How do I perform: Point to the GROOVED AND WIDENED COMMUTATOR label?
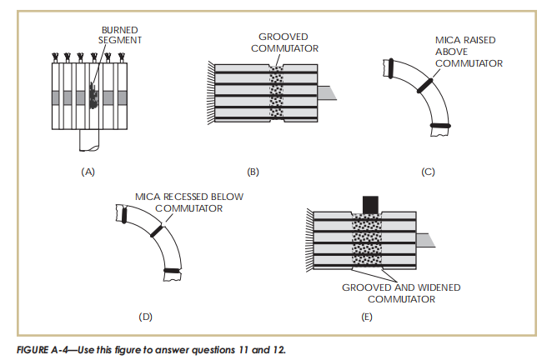[x=401, y=292]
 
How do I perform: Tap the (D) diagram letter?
[x=146, y=317]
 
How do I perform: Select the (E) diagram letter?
[x=363, y=317]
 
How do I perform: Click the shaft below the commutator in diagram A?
[x=88, y=142]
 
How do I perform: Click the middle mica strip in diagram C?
[x=425, y=86]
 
